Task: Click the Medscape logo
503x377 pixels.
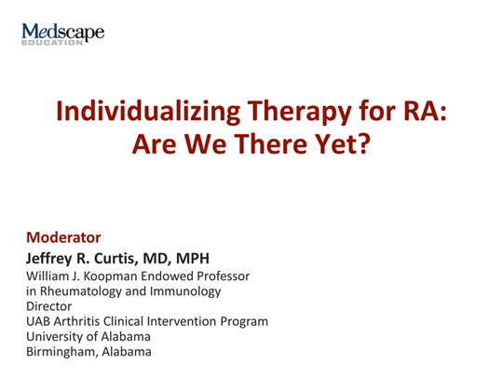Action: (61, 32)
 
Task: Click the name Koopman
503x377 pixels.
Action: (110, 276)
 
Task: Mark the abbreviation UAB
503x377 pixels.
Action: (39, 321)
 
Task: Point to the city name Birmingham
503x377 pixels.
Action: (61, 352)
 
